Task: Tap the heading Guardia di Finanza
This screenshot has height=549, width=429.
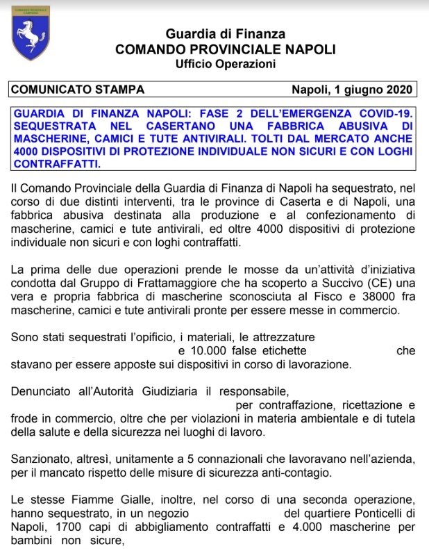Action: (225, 34)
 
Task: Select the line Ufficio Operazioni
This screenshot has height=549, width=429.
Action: (225, 65)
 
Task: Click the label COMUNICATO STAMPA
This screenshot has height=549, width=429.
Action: (78, 90)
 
